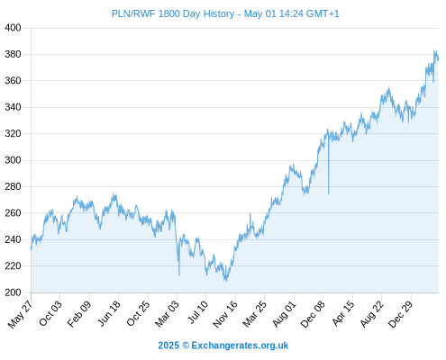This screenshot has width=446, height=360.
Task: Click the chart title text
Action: click(x=225, y=13)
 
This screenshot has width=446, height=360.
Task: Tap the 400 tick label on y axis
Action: click(x=13, y=28)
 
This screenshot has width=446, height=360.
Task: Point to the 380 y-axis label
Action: click(x=13, y=54)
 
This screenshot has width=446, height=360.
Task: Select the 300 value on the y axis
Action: click(x=13, y=160)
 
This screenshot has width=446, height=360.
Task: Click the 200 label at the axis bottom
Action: click(x=13, y=292)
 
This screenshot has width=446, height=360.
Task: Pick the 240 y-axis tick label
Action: click(x=13, y=239)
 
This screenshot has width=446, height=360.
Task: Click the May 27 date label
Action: click(x=21, y=314)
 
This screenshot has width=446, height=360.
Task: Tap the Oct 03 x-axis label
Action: click(x=50, y=313)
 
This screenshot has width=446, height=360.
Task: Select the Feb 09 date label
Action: click(x=79, y=313)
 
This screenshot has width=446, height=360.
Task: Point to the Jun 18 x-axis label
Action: click(x=109, y=313)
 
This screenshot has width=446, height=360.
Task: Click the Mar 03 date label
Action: click(x=167, y=313)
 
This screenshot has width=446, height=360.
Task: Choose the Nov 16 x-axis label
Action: click(x=225, y=314)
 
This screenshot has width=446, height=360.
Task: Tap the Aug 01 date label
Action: click(x=284, y=313)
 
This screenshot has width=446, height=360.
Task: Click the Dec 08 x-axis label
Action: click(x=313, y=314)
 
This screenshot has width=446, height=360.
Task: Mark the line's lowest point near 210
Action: click(x=225, y=281)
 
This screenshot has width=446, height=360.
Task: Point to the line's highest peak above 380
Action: click(x=434, y=50)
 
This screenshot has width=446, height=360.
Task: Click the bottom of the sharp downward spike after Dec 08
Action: click(x=329, y=194)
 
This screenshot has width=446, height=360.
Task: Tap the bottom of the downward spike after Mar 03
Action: click(x=179, y=275)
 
